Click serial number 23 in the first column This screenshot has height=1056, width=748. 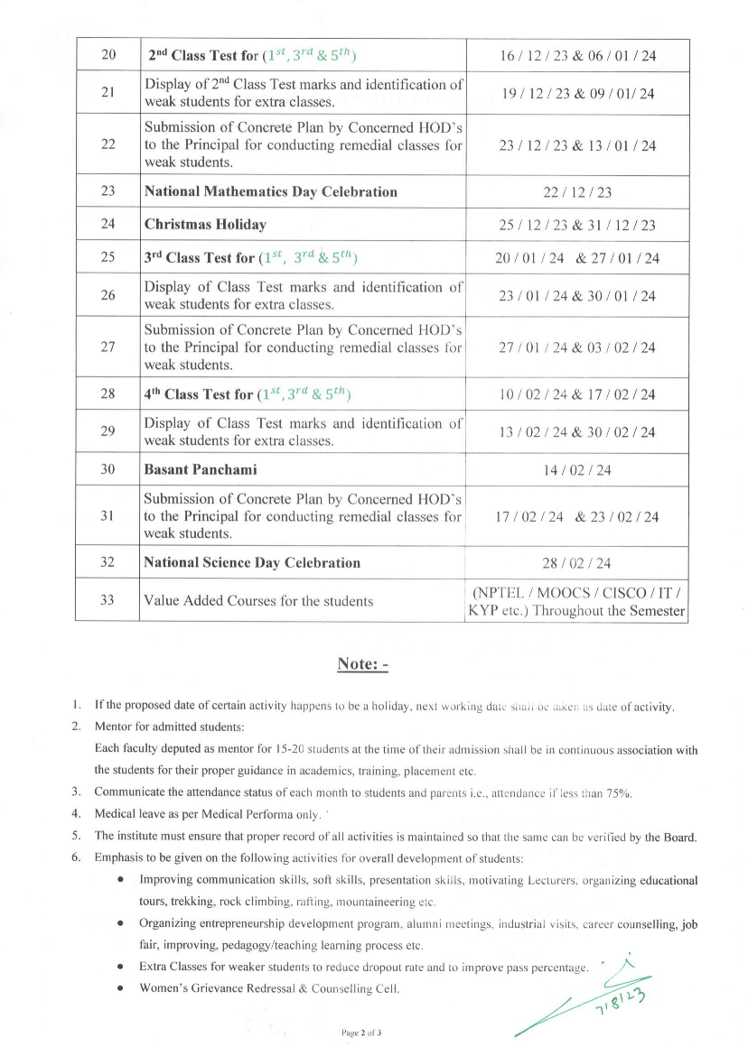pos(108,191)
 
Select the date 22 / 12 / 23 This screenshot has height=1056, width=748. pos(577,192)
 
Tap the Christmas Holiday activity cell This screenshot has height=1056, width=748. pos(205,225)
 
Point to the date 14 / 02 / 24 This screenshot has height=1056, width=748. pos(577,470)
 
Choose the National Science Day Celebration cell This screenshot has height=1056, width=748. pos(252,562)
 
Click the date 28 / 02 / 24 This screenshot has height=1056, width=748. pos(577,563)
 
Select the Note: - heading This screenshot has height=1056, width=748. pos(362,663)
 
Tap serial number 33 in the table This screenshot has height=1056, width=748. pos(108,600)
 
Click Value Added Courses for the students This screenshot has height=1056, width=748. pos(258,601)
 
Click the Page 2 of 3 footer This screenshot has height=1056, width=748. pos(362,1031)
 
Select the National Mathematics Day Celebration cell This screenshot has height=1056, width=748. pos(271,191)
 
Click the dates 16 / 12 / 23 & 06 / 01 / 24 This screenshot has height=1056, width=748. pos(577,56)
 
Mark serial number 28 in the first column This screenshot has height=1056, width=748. pos(108,394)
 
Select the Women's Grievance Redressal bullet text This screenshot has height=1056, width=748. pos(269,988)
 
